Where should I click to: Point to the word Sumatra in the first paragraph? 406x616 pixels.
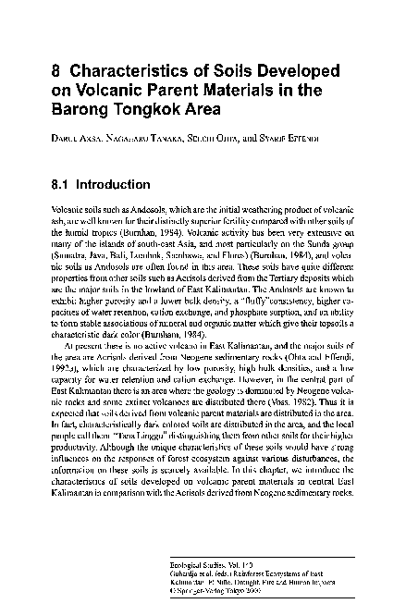pyautogui.click(x=71, y=250)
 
